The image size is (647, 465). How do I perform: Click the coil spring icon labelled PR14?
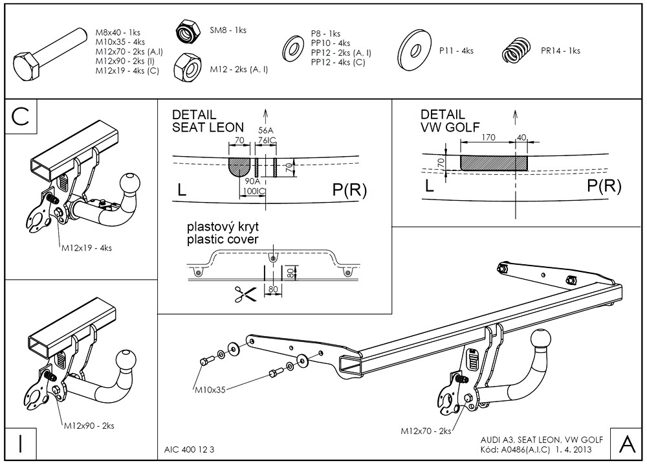[516, 50]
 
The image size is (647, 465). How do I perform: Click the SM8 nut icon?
[188, 31]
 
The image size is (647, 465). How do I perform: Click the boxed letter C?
[21, 117]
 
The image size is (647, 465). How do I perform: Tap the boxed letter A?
[626, 444]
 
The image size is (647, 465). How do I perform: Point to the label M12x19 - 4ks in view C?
[87, 247]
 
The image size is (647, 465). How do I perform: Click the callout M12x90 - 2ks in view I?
[89, 425]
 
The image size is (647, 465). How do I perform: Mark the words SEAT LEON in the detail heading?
[208, 128]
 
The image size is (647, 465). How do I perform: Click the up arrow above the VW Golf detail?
[515, 117]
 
